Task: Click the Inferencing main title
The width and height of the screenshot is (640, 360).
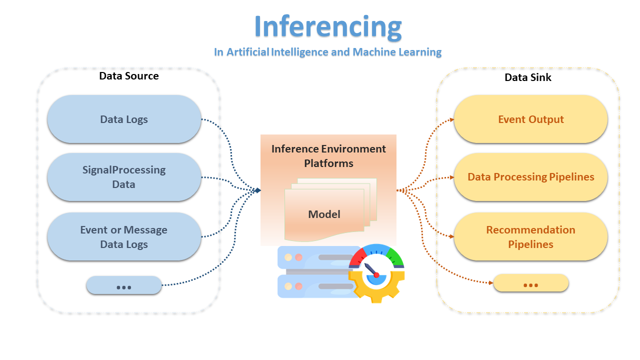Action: pos(327,26)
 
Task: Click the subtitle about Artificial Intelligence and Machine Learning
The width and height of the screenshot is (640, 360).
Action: pos(327,52)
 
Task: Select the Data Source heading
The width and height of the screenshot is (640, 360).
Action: pos(128,76)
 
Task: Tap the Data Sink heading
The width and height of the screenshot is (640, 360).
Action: pos(527,77)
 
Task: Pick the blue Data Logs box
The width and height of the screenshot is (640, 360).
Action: pos(124,119)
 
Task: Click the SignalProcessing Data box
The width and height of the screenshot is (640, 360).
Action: pos(124,177)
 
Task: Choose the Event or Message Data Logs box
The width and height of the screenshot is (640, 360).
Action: pos(124,237)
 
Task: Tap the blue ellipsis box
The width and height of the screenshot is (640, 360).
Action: pos(123,286)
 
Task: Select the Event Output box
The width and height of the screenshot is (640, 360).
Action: pos(530,119)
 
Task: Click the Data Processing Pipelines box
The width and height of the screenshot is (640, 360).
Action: pos(530,177)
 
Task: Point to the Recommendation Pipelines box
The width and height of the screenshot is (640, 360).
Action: pos(530,237)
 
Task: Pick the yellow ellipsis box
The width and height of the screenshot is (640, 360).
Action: pos(530,284)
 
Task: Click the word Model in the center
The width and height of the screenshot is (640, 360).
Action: pos(324,214)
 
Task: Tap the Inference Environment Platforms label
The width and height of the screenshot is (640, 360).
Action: pos(328,156)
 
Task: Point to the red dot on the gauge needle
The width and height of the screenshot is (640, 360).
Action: pos(376,275)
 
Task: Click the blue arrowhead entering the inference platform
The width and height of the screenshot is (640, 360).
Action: pos(257,190)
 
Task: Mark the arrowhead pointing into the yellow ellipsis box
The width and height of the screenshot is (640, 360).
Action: pos(491,283)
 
